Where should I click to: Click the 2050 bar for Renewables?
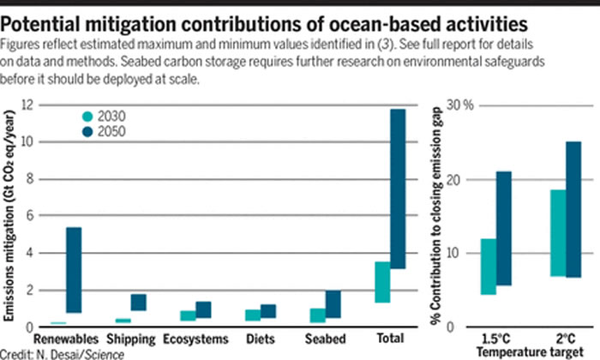(x=74, y=270)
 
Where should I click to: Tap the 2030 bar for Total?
(x=382, y=282)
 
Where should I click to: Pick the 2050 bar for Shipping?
(x=139, y=303)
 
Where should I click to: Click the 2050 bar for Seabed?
(x=332, y=304)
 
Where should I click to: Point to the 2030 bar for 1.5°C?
(x=488, y=267)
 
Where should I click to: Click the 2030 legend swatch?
(x=87, y=117)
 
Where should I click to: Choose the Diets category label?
(x=260, y=339)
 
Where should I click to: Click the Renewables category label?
(x=66, y=339)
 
